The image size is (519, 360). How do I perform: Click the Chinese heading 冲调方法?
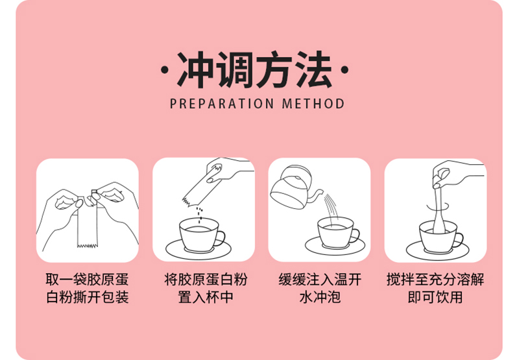(x=254, y=70)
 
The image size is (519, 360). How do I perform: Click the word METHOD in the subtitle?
(x=313, y=104)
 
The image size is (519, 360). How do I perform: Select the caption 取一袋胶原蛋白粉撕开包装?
(x=87, y=289)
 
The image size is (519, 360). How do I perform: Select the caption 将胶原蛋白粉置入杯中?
(x=204, y=289)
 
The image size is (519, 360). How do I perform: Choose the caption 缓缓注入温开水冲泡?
(x=320, y=289)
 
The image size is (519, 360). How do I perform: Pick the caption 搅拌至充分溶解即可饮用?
(x=435, y=289)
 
